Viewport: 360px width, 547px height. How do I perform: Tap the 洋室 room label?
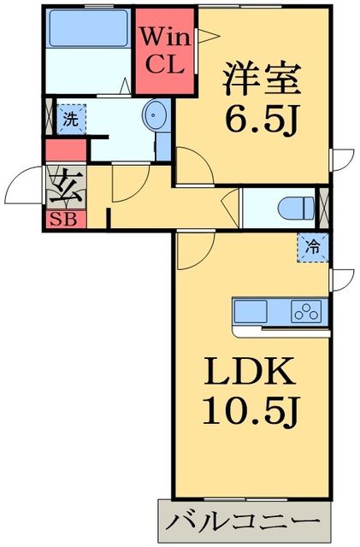tap(263, 79)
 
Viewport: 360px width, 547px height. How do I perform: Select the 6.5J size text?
tap(263, 119)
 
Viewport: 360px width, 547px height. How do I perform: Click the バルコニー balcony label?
tap(244, 521)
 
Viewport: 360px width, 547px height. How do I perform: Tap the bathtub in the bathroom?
tap(88, 28)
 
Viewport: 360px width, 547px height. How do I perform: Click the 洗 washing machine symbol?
tap(71, 120)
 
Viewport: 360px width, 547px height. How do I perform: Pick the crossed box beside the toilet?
tap(324, 207)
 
